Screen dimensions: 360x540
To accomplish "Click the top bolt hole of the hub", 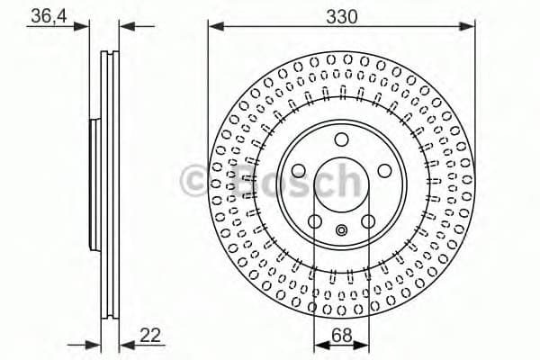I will tap(341, 139).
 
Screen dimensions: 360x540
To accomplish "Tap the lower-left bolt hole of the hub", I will tap(315, 221).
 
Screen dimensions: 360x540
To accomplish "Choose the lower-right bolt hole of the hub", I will tap(367, 221).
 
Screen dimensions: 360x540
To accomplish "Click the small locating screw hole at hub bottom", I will tap(340, 230).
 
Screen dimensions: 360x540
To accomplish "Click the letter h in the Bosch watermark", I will tap(348, 180).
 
